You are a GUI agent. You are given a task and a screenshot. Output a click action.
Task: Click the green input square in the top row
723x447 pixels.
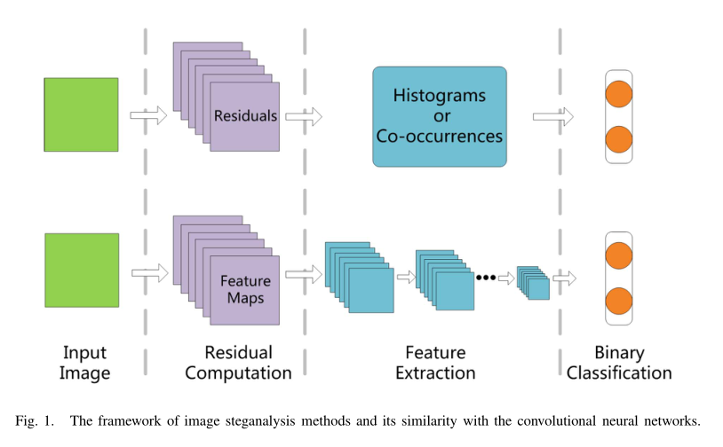point(81,114)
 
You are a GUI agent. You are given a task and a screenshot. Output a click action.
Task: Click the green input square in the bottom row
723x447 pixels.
point(81,271)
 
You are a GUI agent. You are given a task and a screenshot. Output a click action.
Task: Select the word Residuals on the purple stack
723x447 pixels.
point(245,116)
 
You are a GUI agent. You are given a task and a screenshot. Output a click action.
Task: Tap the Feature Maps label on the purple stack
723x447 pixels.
point(245,289)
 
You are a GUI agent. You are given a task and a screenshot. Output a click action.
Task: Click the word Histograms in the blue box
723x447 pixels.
point(440,95)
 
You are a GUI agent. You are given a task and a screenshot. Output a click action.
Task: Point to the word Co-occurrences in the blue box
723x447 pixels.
point(440,137)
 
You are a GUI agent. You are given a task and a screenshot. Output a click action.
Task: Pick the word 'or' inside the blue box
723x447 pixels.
point(440,115)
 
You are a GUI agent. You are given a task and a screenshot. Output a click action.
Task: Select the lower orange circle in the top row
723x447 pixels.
point(618,139)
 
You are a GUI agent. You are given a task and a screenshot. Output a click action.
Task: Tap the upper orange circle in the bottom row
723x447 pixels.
point(618,256)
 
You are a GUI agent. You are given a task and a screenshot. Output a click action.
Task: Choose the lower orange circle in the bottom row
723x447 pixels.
point(618,301)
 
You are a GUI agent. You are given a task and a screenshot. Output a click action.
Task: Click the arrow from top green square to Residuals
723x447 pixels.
point(148,115)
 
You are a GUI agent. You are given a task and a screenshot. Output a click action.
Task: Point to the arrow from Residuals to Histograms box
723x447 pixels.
point(303,115)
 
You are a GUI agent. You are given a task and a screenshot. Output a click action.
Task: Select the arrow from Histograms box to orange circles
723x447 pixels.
point(552,116)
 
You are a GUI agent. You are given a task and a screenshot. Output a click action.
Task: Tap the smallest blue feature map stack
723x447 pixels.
point(534,282)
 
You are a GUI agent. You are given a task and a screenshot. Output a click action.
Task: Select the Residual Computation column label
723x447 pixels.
point(239,363)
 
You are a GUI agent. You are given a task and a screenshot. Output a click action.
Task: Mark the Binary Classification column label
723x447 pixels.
point(619,363)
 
